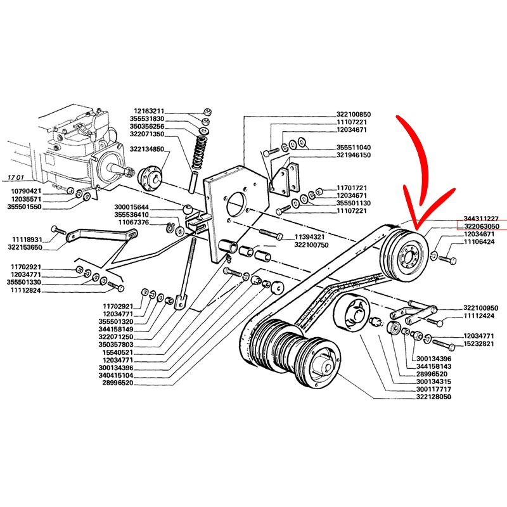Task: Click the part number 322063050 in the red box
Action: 482,226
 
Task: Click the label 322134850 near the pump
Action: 146,149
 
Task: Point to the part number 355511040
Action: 337,147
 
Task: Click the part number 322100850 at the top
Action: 354,114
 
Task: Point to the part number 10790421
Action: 26,191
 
